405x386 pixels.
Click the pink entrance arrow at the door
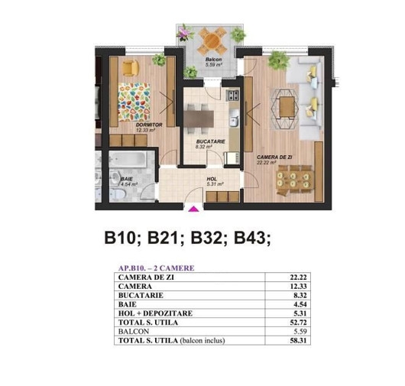point(194,209)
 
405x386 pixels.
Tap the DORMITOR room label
point(149,125)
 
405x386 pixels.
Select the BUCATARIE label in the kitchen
point(210,141)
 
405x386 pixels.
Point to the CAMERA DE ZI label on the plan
point(274,157)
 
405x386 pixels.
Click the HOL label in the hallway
point(212,179)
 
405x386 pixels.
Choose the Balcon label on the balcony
point(214,60)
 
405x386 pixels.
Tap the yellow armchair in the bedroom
point(131,68)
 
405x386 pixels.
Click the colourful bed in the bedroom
point(134,102)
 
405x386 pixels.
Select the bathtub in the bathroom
point(128,159)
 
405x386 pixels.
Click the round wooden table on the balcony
point(212,40)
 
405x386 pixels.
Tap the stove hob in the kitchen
point(232,96)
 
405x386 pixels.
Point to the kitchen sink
point(235,121)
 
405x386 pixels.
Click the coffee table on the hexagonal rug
point(287,106)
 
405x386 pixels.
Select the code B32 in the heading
point(206,238)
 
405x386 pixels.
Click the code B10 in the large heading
point(120,238)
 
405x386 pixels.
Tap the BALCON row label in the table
point(134,332)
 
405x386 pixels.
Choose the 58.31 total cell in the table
point(298,341)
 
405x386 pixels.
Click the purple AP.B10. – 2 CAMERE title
point(156,268)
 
